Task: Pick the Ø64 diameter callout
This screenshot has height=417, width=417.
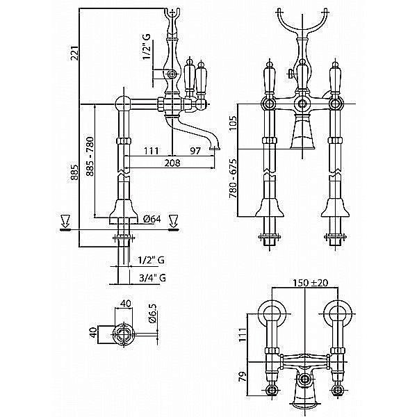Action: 152,220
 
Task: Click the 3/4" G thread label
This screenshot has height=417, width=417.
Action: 152,277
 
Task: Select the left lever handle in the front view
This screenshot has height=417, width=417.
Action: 267,79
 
